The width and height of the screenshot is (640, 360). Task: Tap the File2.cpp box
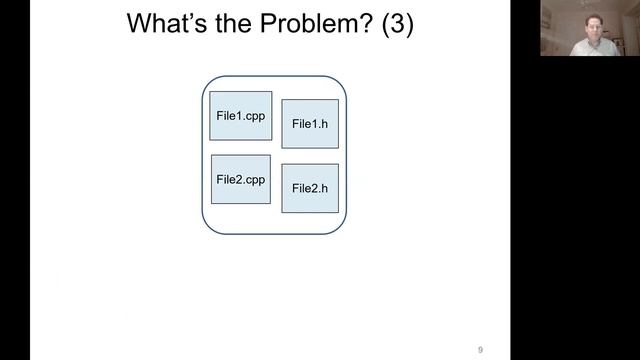(x=240, y=180)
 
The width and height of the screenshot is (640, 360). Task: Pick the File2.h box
(x=310, y=188)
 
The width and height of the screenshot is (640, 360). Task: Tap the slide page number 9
(x=480, y=349)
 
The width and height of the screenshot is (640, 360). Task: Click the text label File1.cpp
(x=240, y=116)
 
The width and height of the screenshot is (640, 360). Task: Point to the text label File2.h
(x=310, y=188)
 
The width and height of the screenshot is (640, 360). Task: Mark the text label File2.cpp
(x=240, y=180)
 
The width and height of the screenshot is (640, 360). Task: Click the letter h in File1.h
(x=324, y=125)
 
